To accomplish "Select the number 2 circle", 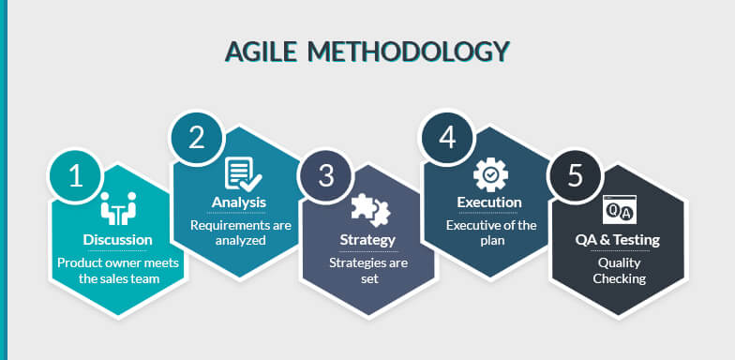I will coord(196,138).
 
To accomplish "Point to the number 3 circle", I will coord(325,175).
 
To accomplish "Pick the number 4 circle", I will coord(447,137).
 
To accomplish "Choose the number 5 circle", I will coord(575,175).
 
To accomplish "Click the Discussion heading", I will coord(118,240).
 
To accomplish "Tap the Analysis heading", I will coord(239,202).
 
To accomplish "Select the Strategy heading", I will coord(367,240).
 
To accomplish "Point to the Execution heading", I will coord(489,202).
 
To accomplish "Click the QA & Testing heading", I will coord(618,240).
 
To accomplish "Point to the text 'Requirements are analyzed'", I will coord(240,232).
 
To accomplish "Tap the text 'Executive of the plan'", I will coord(490,232).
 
